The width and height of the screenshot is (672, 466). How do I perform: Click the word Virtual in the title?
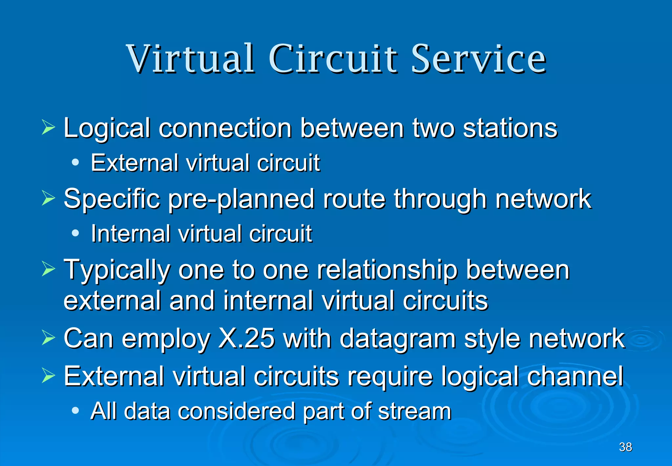[190, 59]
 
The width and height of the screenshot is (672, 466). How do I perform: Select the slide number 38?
[625, 447]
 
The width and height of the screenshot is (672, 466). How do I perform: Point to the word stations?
[510, 128]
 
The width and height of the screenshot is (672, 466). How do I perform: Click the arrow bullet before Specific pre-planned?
[48, 198]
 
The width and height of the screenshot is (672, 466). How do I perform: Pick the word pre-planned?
[241, 199]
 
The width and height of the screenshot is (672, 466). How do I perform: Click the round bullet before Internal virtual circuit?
[75, 233]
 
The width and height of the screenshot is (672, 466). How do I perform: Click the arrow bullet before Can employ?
[48, 338]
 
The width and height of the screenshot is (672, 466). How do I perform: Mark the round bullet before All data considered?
[75, 410]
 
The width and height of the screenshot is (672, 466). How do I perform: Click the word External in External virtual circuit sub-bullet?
[135, 163]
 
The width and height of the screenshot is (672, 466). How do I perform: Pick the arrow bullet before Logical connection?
[48, 128]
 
